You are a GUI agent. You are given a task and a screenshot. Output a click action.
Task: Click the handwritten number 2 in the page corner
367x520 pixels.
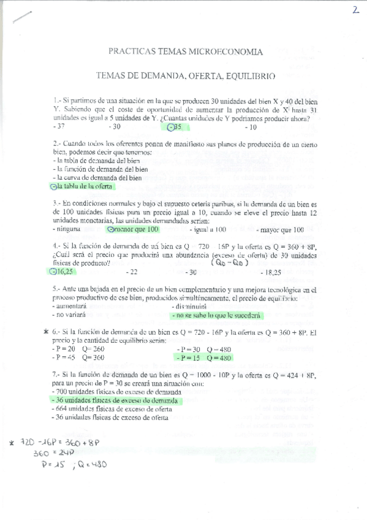click(355, 11)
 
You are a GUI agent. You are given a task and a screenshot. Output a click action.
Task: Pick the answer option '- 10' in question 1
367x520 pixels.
click(251, 128)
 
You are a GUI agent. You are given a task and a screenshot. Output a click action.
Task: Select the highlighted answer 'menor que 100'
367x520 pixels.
click(134, 229)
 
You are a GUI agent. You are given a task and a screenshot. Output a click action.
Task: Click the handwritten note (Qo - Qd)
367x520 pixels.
click(229, 262)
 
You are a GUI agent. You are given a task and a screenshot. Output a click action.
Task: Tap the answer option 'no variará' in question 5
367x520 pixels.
click(70, 315)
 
